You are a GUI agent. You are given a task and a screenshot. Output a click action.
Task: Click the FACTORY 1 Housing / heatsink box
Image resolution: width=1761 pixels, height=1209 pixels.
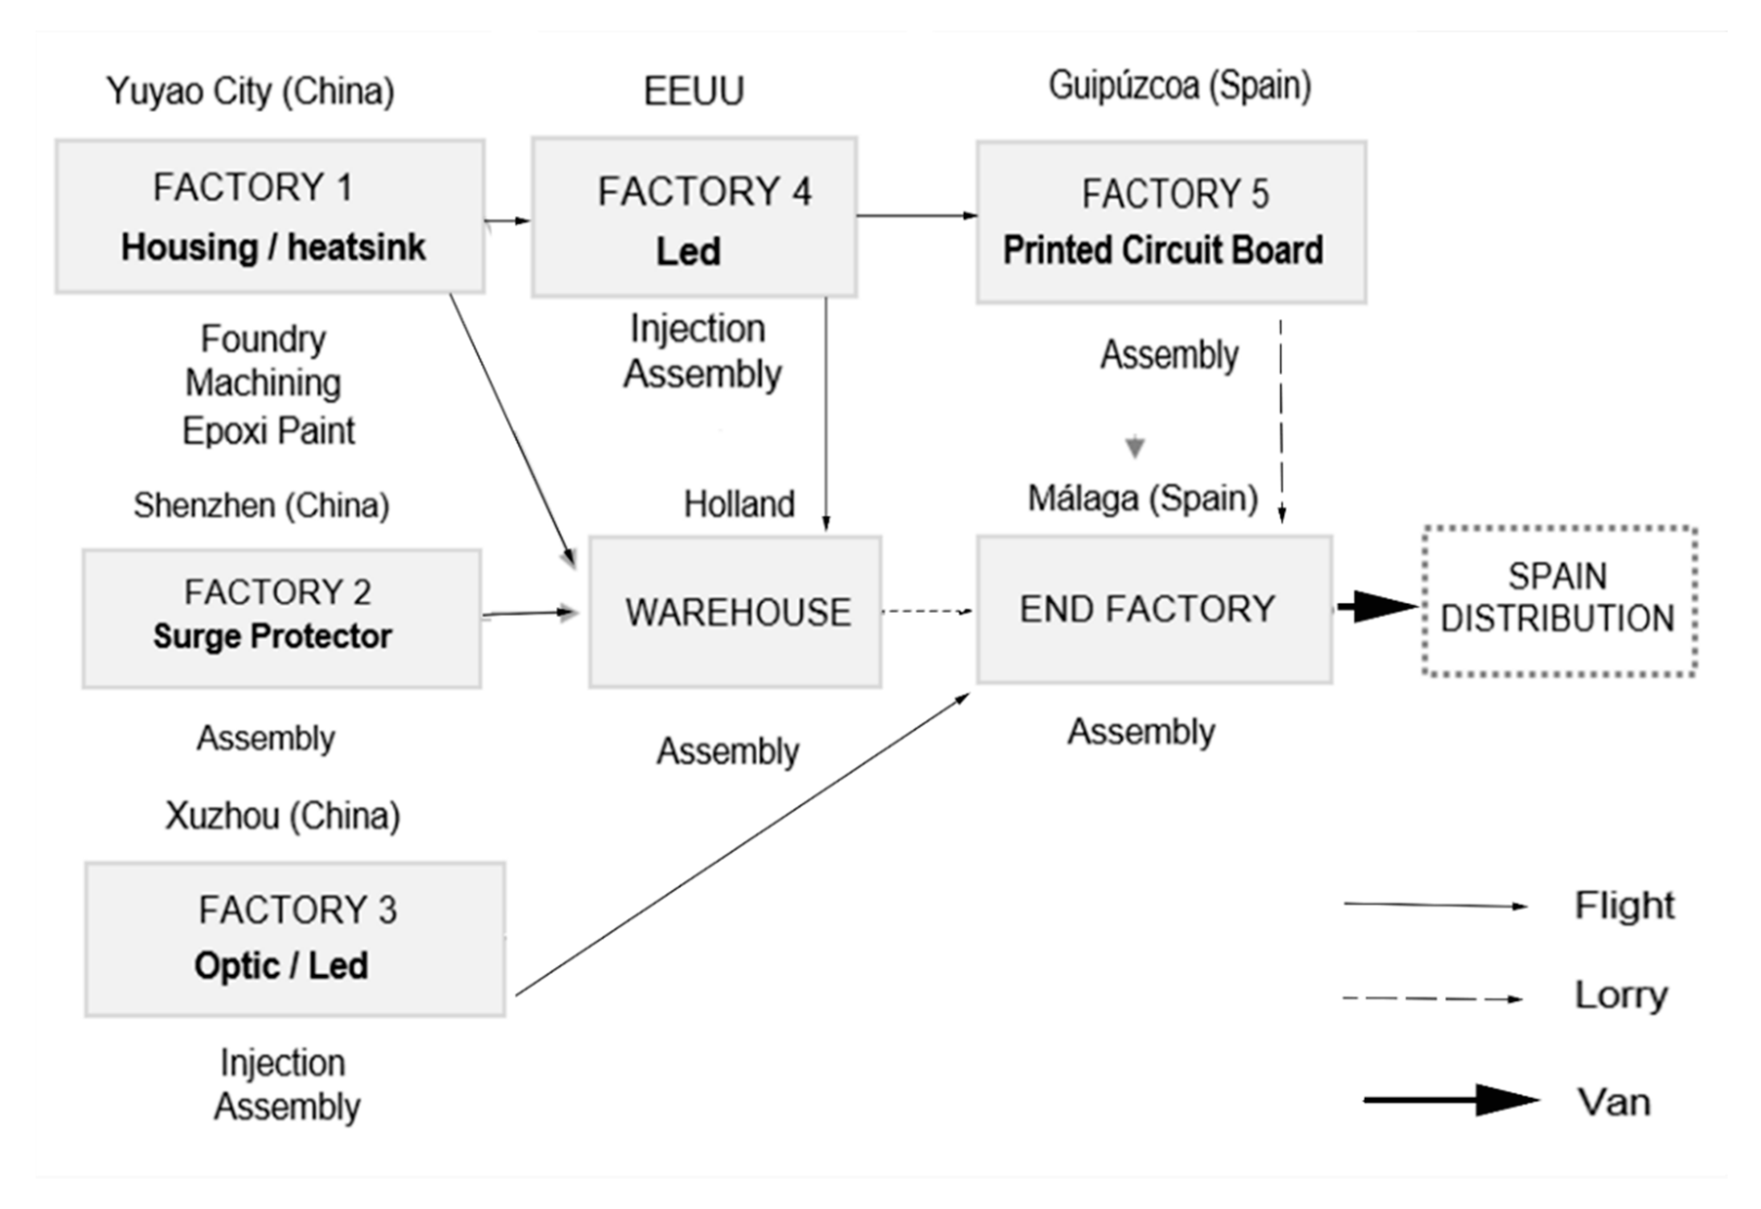tap(270, 216)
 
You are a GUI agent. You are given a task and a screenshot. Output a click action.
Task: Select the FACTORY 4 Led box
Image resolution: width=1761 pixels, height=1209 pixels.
tap(694, 217)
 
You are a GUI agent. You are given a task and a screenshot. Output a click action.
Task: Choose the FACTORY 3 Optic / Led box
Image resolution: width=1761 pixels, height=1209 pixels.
tap(294, 938)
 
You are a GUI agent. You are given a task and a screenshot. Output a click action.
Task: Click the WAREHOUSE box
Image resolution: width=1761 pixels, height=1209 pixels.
tap(735, 612)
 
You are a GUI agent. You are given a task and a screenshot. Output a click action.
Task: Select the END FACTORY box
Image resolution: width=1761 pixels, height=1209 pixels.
tap(1154, 610)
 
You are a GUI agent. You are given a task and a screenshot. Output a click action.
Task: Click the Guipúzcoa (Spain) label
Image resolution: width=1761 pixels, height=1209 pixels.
tap(1179, 86)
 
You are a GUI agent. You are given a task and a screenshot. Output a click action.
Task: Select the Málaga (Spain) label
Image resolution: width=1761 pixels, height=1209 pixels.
tap(1142, 499)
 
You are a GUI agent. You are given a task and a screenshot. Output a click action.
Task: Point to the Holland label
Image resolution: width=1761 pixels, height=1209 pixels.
tap(739, 504)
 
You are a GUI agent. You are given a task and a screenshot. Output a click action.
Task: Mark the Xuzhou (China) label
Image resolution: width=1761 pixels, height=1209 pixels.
tap(283, 816)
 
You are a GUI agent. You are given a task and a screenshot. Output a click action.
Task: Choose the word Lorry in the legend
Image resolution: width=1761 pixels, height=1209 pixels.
tap(1621, 994)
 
